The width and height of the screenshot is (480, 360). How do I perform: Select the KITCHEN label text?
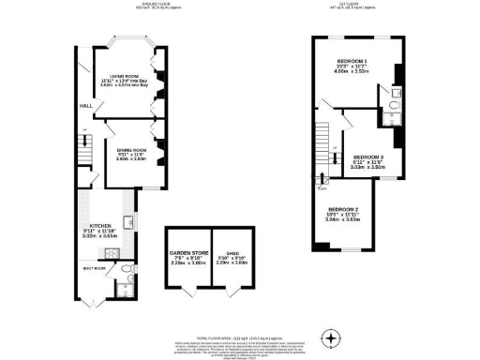click(x=100, y=226)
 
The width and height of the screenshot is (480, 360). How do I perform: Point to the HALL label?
click(x=84, y=106)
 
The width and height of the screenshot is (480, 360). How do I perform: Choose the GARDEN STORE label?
click(x=187, y=252)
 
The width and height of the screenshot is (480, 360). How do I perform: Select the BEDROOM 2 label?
click(x=343, y=208)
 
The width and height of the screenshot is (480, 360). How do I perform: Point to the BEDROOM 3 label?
click(x=368, y=157)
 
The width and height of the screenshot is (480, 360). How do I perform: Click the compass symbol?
click(x=329, y=337)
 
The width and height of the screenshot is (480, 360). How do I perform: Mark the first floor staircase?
click(x=324, y=140)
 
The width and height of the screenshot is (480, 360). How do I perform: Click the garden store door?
click(x=187, y=285)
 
